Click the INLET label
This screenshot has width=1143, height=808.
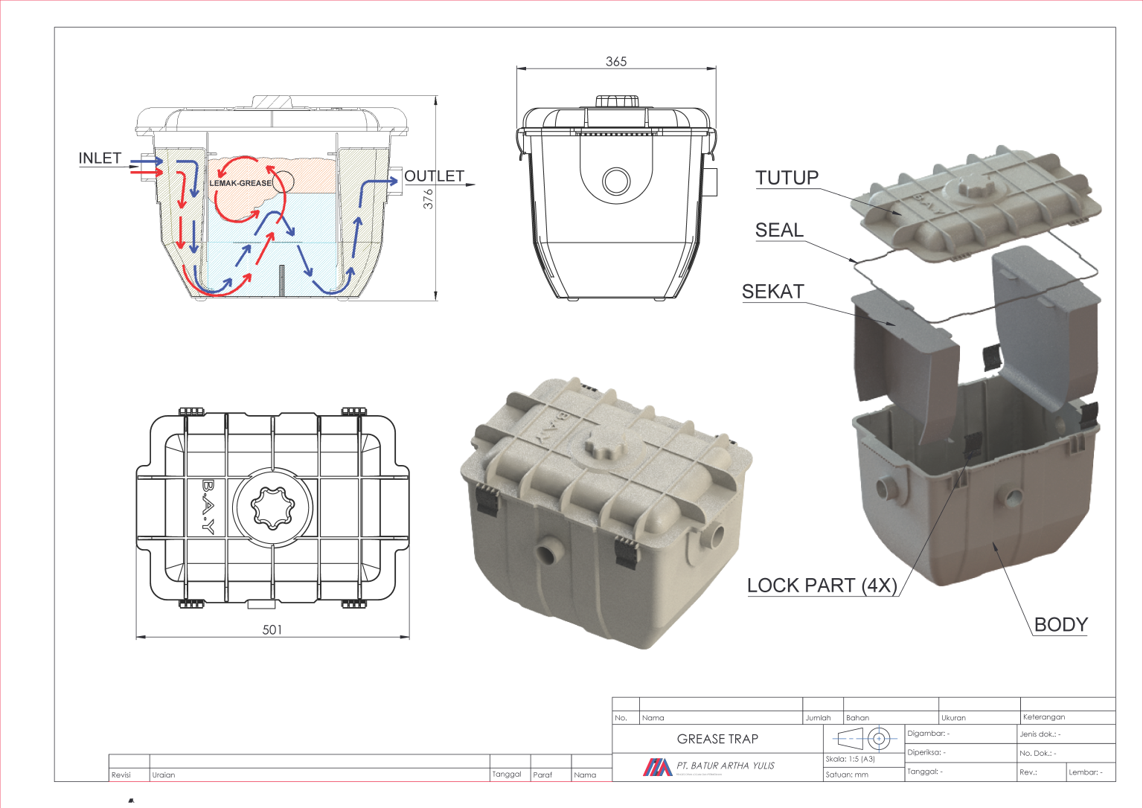click(x=100, y=158)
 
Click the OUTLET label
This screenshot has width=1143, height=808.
click(x=434, y=176)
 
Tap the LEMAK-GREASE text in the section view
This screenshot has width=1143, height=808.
click(x=240, y=183)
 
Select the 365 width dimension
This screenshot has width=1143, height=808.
click(x=616, y=62)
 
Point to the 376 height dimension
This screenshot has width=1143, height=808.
click(x=428, y=199)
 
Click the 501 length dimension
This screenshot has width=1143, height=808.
click(x=272, y=630)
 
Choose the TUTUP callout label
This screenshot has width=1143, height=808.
click(x=787, y=178)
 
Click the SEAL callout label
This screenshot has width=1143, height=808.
click(x=779, y=231)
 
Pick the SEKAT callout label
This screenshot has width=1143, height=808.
click(x=772, y=292)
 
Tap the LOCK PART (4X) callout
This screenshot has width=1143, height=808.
click(x=822, y=586)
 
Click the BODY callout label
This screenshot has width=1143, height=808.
click(x=1061, y=625)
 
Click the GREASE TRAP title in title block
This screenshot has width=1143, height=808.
click(x=717, y=739)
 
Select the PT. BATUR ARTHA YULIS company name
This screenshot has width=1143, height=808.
click(x=726, y=766)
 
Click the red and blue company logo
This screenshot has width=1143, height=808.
click(x=657, y=767)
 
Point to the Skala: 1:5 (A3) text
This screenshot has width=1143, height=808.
click(x=850, y=760)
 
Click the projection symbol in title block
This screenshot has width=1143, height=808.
click(x=863, y=739)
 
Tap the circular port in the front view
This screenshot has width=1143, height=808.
click(x=616, y=181)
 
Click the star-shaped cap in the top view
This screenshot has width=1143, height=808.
click(x=272, y=507)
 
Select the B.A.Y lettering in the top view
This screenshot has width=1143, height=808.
click(x=208, y=507)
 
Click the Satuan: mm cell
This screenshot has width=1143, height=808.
click(x=847, y=775)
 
